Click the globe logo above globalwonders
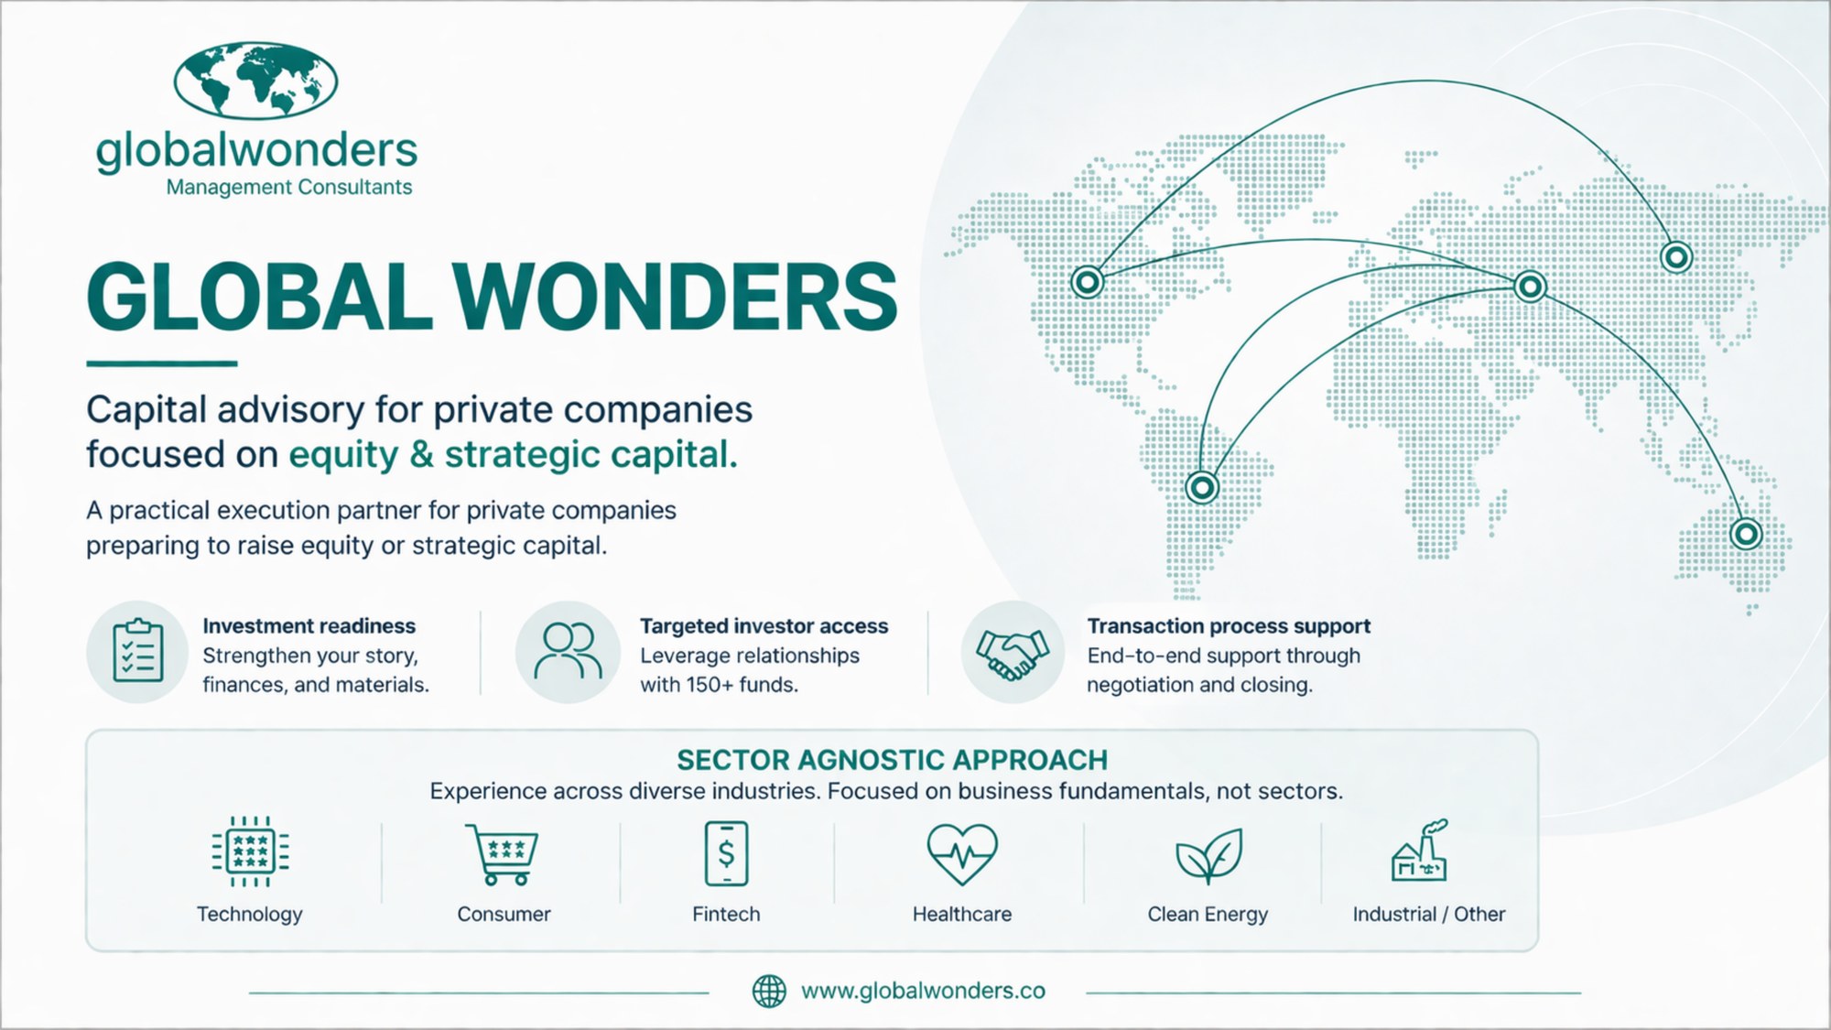[x=255, y=81]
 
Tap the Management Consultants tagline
[x=289, y=187]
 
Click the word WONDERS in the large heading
[x=676, y=297]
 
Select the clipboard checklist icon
[x=138, y=651]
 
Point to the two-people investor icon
[x=569, y=651]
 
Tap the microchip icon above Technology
[x=250, y=851]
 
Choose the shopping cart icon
[x=502, y=854]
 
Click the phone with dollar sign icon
[x=726, y=853]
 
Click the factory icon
[x=1420, y=850]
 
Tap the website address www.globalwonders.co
[x=923, y=991]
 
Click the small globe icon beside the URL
[x=769, y=991]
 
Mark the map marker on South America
[x=1202, y=487]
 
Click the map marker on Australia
[x=1746, y=533]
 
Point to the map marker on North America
[x=1088, y=282]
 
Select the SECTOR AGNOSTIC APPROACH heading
[x=892, y=760]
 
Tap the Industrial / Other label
[x=1429, y=914]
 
